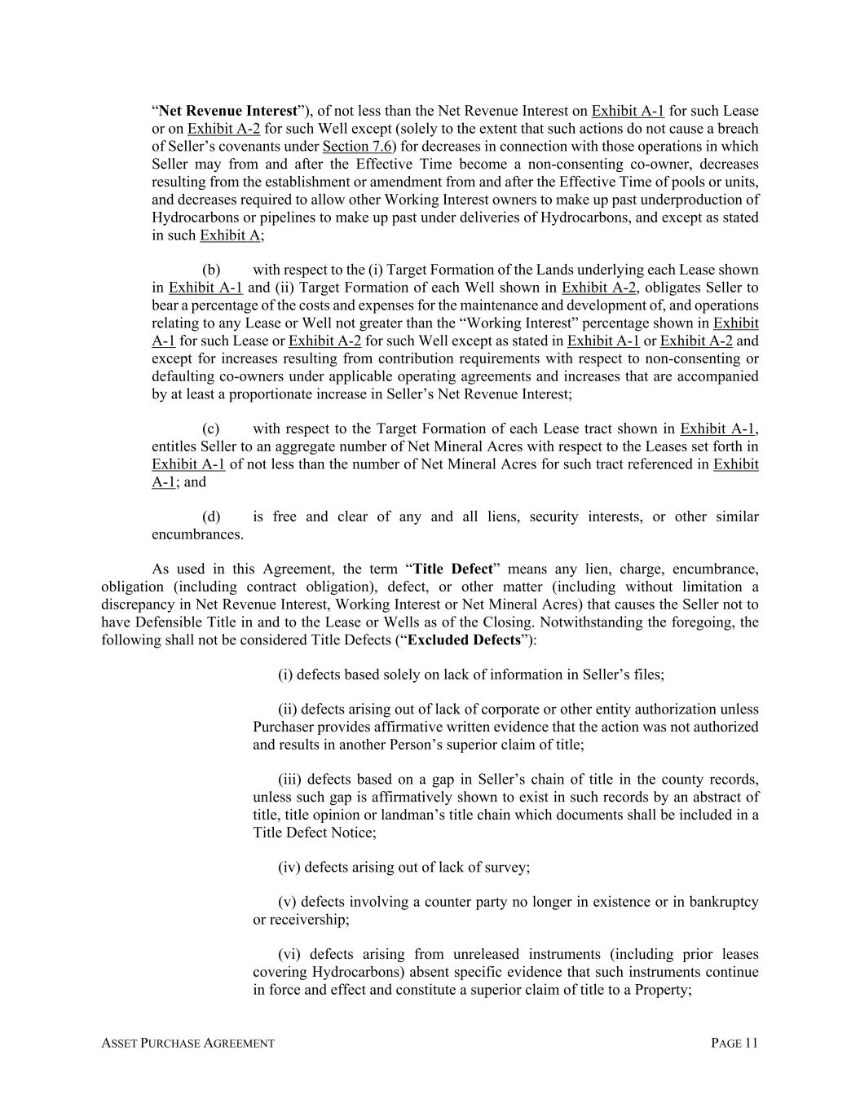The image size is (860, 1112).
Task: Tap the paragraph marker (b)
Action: [x=211, y=270]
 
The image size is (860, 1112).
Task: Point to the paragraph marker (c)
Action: [x=211, y=429]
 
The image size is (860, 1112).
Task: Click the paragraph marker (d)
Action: [x=211, y=516]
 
